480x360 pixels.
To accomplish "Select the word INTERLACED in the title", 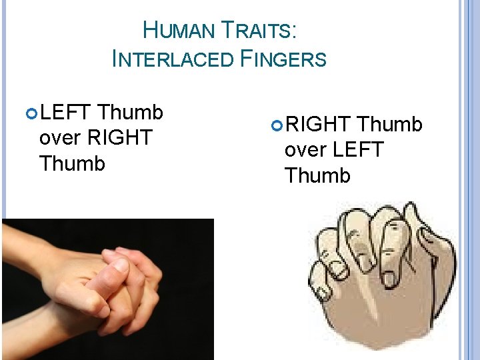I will (x=173, y=59).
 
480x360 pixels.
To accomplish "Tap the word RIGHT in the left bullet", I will (x=119, y=138).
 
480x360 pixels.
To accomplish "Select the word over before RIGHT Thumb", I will (x=60, y=139).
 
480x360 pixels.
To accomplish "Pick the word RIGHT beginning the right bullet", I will (x=318, y=125).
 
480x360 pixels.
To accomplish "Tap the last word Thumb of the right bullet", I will (x=317, y=175).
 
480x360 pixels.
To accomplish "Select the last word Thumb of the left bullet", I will (x=72, y=163).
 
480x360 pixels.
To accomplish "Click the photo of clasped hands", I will (x=107, y=289).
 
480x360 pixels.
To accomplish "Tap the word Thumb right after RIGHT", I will (x=389, y=125).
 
